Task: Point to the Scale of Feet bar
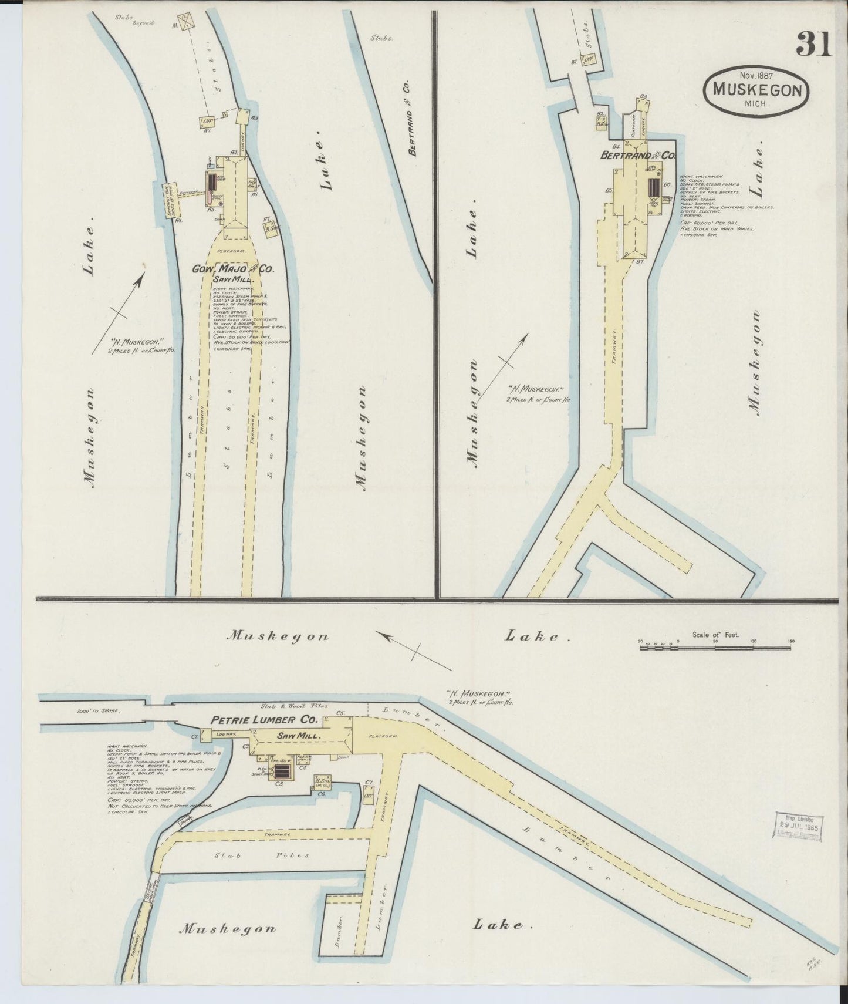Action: click(x=715, y=647)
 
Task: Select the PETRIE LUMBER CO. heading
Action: click(x=265, y=719)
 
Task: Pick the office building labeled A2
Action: click(x=207, y=121)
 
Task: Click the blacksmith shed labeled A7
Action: click(x=272, y=230)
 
